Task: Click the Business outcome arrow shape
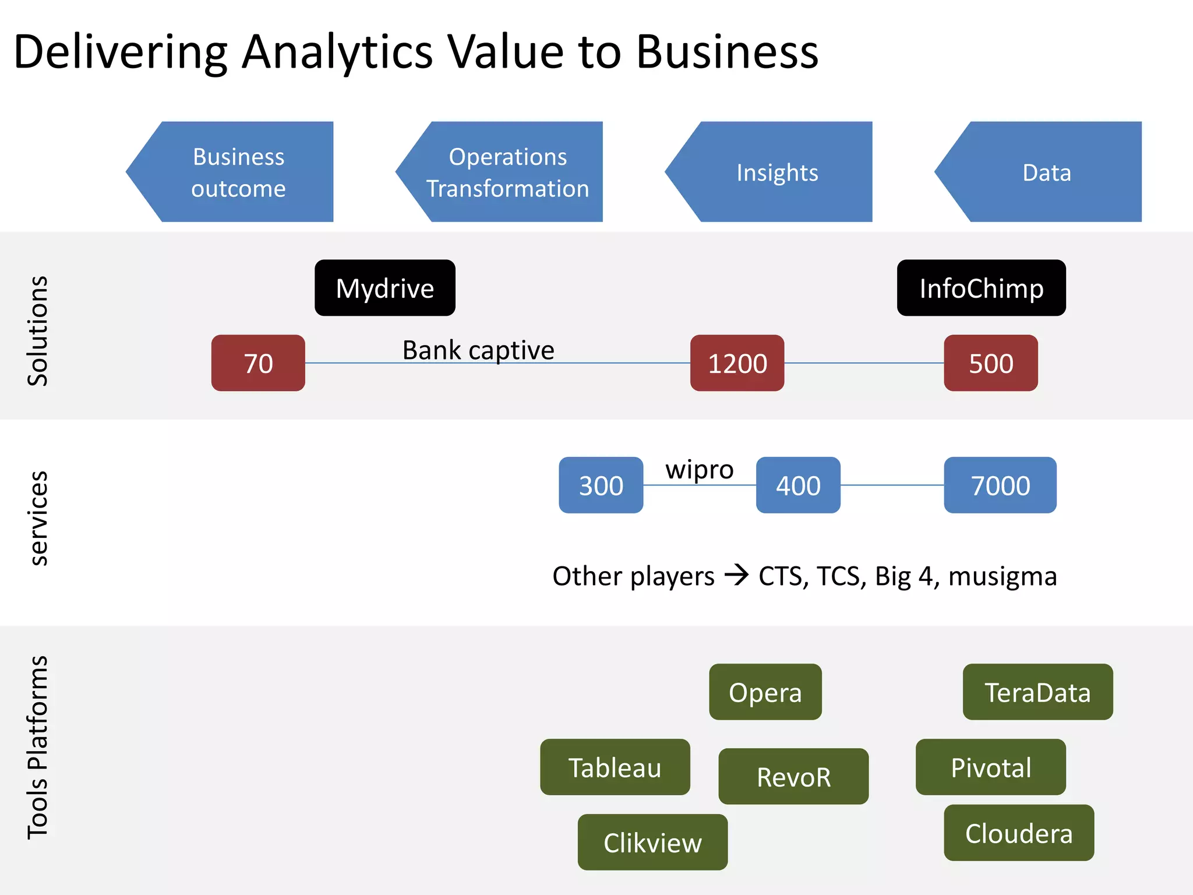(x=238, y=172)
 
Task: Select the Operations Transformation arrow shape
(x=507, y=172)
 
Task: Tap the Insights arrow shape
(x=777, y=172)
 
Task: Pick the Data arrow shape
(x=1046, y=172)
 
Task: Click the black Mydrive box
(x=385, y=288)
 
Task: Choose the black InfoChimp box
(x=982, y=288)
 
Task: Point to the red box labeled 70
(x=258, y=363)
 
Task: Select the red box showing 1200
(x=737, y=363)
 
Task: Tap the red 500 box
(x=991, y=363)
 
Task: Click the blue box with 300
(x=601, y=485)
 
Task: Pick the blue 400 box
(x=798, y=485)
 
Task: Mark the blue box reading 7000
(x=1000, y=485)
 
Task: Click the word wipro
(x=700, y=470)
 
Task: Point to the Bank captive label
(x=478, y=350)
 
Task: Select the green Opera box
(x=765, y=692)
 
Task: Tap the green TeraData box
(x=1037, y=692)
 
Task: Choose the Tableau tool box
(x=615, y=767)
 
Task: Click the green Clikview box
(x=652, y=842)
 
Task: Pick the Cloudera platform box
(x=1019, y=833)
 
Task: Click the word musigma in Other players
(x=1003, y=576)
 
